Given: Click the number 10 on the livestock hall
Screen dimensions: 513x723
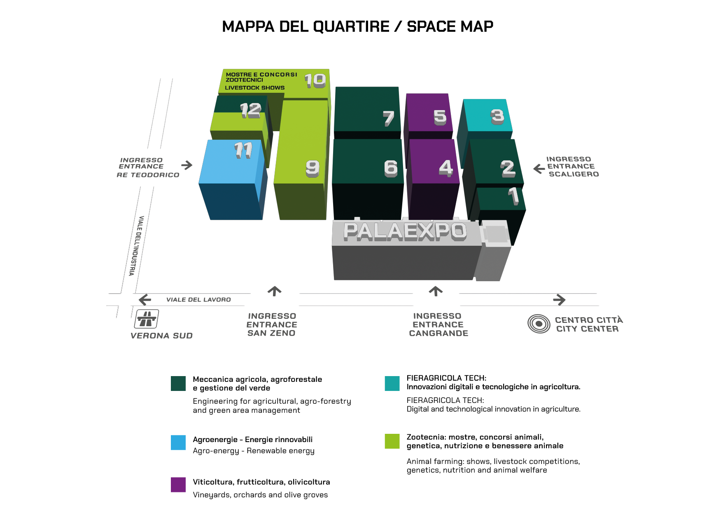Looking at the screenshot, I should coord(315,80).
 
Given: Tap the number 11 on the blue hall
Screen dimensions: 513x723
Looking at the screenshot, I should coord(243,150).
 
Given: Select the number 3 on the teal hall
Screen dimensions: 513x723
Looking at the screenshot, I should coord(497,116).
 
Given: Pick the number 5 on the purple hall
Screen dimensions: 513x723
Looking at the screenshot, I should coord(440,117).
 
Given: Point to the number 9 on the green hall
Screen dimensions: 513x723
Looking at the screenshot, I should coord(313,168).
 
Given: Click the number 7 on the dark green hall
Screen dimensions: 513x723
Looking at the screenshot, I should coord(388,118).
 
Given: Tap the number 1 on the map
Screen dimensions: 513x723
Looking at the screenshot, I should coord(513,195).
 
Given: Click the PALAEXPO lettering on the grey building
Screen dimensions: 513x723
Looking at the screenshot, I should coord(405,231).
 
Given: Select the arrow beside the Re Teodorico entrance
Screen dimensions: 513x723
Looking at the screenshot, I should coord(187,165).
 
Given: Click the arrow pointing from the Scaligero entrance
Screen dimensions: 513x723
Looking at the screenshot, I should coord(539,168).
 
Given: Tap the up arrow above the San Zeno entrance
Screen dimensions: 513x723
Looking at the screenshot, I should coord(275,291).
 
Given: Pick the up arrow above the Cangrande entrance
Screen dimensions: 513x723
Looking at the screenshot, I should coord(436,291).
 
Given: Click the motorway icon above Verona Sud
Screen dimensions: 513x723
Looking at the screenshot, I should coord(147,318).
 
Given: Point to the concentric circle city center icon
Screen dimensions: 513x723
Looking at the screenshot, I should coord(539,324).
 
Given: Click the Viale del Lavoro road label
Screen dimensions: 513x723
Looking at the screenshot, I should coord(198,300).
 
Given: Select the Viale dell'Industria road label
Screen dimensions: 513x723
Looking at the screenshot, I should coord(136,246).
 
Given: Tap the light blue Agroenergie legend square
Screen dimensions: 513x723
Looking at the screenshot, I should coord(178,442).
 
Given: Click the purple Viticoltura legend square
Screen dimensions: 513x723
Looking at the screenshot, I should coord(178,485).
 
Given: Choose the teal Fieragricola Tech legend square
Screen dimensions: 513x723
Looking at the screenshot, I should coord(392,384).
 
